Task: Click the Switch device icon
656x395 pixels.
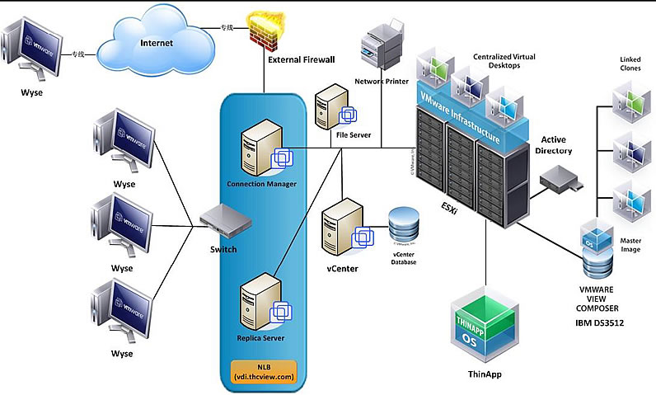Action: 223,220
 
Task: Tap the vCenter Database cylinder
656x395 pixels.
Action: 404,223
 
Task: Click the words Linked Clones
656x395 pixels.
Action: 632,63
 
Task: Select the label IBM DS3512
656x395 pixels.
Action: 600,322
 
